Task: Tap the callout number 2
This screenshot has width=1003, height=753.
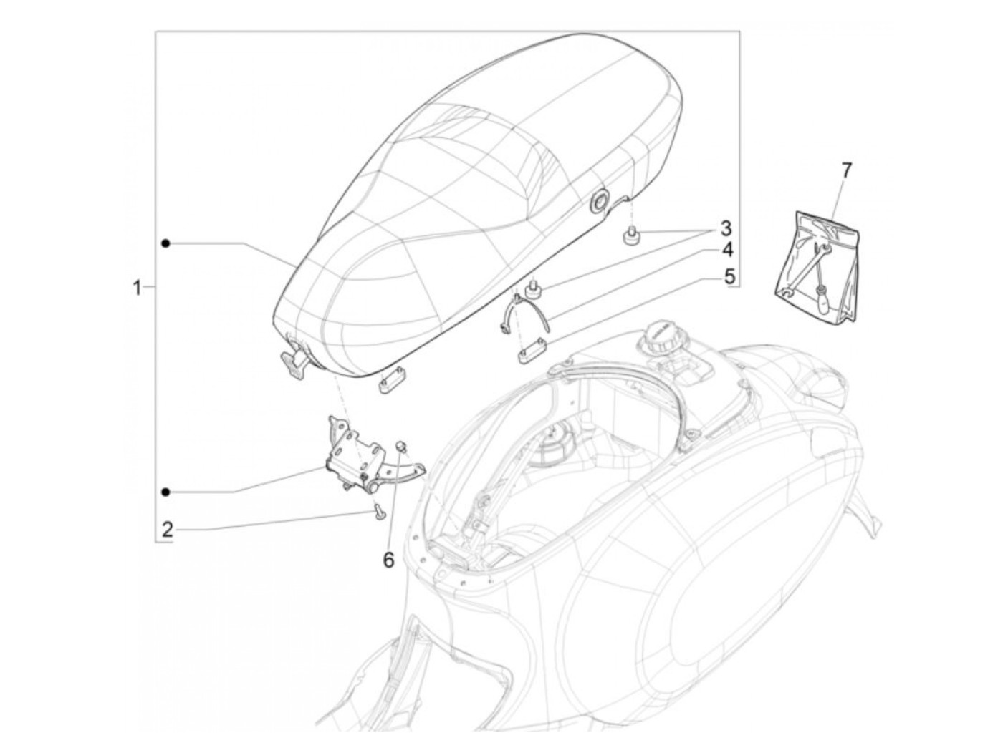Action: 167,530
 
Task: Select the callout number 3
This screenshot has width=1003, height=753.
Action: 726,229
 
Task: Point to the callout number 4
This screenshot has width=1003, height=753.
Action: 727,251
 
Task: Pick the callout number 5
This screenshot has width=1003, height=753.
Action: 729,276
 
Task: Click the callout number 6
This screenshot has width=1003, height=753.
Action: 388,560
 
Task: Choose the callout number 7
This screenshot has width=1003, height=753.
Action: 846,170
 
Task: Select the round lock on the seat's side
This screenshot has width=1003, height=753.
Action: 598,203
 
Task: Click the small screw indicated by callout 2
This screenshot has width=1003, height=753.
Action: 378,510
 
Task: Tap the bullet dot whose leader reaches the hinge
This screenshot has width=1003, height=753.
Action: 165,492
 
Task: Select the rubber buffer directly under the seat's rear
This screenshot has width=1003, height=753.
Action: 632,237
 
